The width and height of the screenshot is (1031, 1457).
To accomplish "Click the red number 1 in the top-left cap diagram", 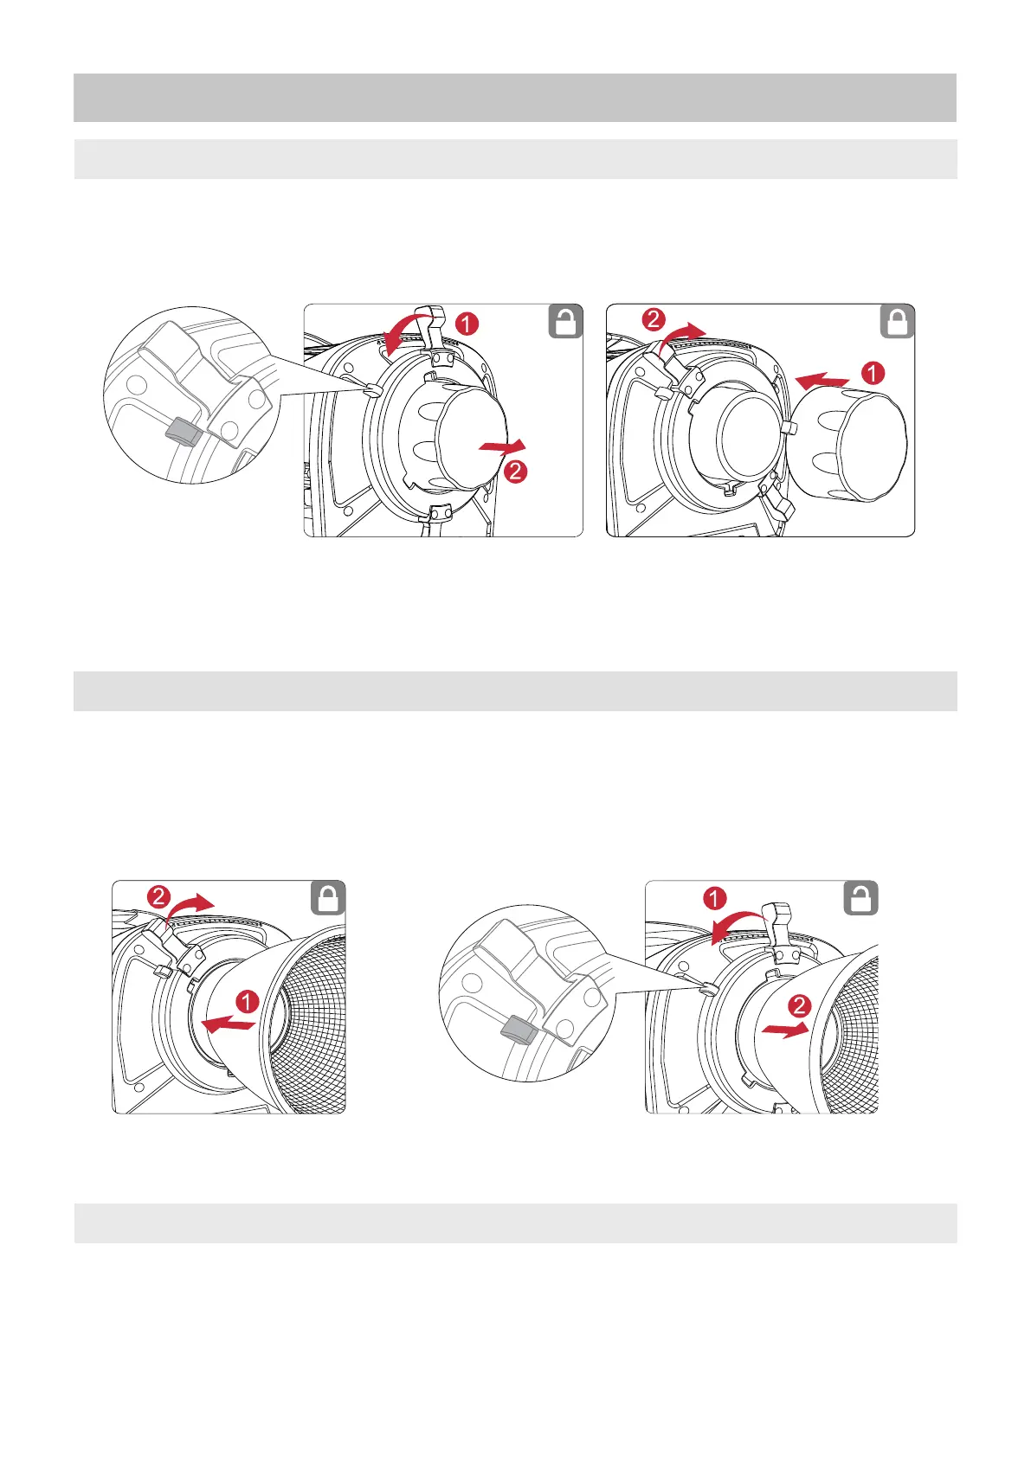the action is point(466,324).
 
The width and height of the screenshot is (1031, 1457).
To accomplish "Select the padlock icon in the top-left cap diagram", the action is point(565,323).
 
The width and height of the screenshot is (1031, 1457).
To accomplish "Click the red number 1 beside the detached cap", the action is point(873,373).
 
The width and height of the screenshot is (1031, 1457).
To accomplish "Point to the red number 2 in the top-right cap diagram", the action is point(654,319).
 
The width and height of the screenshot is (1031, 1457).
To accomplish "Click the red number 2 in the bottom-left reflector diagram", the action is point(159,897).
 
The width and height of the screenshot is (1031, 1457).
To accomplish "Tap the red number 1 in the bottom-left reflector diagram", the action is point(248,1002).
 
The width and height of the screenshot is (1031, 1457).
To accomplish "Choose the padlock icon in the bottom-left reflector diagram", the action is point(328,898).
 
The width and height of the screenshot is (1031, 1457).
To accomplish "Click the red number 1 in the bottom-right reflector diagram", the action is point(715,899).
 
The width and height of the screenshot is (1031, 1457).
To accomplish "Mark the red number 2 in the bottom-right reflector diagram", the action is point(800,1005).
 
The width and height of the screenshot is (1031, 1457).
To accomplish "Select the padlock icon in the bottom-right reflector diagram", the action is point(860,898).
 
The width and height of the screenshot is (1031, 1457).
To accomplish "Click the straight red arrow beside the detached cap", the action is point(822,379).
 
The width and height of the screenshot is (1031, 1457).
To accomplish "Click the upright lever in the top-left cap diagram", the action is point(435,329).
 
